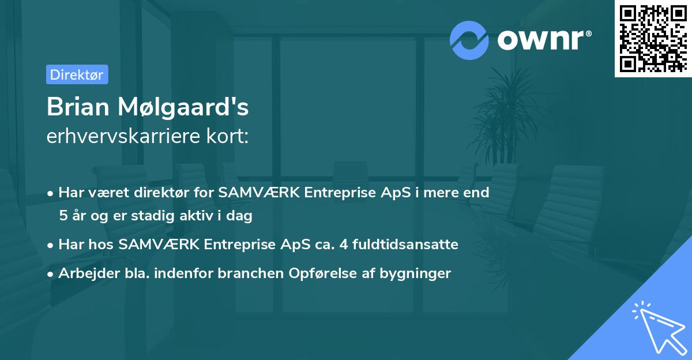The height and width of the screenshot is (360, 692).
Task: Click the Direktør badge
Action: pos(77,74)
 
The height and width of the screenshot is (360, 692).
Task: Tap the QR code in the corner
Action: pos(653,38)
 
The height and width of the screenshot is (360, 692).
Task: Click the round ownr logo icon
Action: pos(469,40)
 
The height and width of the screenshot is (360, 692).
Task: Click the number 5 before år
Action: pos(63,216)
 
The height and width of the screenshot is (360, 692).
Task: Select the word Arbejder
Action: pos(84,273)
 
